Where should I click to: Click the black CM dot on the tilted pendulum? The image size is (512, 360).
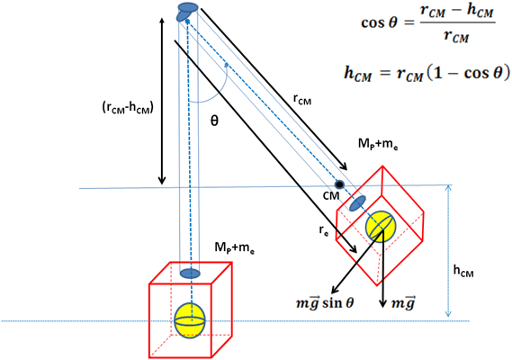(339, 184)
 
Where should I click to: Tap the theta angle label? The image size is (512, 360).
(214, 121)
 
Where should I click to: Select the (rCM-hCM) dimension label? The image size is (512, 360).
(128, 108)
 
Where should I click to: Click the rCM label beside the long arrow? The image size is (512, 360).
(302, 99)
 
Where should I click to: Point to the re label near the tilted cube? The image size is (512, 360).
(324, 231)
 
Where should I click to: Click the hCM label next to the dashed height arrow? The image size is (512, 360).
(463, 271)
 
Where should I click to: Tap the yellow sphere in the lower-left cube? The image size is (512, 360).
(190, 320)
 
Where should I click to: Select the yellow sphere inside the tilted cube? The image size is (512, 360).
(381, 226)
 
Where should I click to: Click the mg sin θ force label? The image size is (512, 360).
(325, 303)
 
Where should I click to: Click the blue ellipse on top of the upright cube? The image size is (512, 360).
(190, 273)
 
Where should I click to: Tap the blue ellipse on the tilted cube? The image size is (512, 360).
(357, 203)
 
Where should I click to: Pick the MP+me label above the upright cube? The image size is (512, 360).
(235, 247)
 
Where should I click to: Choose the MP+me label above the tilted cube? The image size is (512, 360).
(378, 144)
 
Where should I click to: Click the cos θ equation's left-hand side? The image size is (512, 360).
(379, 22)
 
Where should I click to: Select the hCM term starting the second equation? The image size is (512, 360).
(358, 73)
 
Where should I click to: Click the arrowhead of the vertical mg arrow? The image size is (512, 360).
(382, 303)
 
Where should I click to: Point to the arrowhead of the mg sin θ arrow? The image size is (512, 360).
(335, 290)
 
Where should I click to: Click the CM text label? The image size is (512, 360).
(331, 195)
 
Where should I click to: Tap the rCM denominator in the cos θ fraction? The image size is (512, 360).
(457, 35)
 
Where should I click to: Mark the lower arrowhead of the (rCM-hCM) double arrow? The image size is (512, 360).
(162, 181)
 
